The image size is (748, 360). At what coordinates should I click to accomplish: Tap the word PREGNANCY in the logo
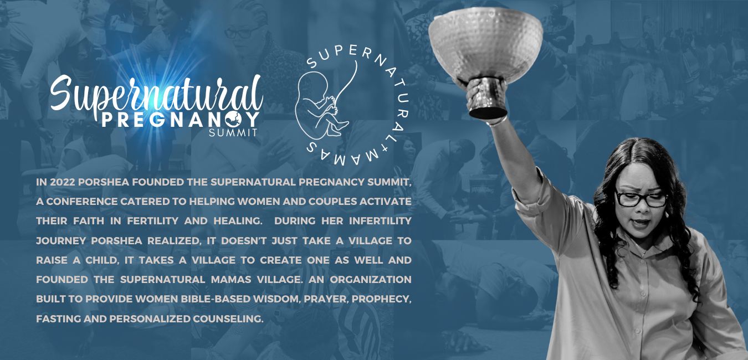click(181, 120)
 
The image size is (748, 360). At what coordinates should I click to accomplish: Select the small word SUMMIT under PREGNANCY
click(233, 132)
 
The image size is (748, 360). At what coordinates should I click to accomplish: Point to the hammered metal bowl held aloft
click(486, 56)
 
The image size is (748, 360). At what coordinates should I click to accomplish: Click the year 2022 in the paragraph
click(63, 182)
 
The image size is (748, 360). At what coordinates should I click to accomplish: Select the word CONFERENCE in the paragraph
click(81, 202)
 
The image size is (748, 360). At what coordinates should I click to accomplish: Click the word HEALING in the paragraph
click(238, 221)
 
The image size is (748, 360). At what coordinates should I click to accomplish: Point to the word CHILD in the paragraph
click(102, 260)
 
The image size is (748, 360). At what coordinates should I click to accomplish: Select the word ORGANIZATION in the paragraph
click(371, 280)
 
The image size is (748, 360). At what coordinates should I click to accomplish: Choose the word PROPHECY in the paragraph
click(381, 299)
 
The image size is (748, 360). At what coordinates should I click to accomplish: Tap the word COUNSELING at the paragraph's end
click(228, 318)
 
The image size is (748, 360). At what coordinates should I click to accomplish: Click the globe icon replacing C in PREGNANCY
click(233, 120)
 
